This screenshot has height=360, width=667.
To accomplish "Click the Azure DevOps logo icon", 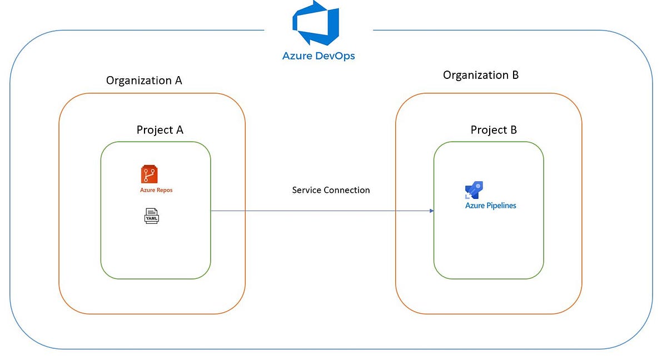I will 316,23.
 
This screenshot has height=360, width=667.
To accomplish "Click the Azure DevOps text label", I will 318,56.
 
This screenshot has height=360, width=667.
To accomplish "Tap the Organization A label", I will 144,81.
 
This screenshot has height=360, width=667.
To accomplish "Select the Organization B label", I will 481,75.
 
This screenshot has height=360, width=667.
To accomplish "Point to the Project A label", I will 160,130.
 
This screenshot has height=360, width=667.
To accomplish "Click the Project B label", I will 494,130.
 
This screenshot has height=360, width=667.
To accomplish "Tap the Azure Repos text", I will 156,191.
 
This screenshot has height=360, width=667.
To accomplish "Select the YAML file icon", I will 151,216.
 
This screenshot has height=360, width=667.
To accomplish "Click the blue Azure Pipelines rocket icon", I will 476,191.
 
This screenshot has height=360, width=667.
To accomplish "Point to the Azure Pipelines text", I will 491,206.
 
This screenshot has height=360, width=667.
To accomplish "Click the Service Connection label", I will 331,190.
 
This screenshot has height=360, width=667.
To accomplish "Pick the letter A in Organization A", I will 178,81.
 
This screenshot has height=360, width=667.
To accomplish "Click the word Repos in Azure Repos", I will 164,191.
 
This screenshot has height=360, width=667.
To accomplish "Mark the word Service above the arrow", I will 306,190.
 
